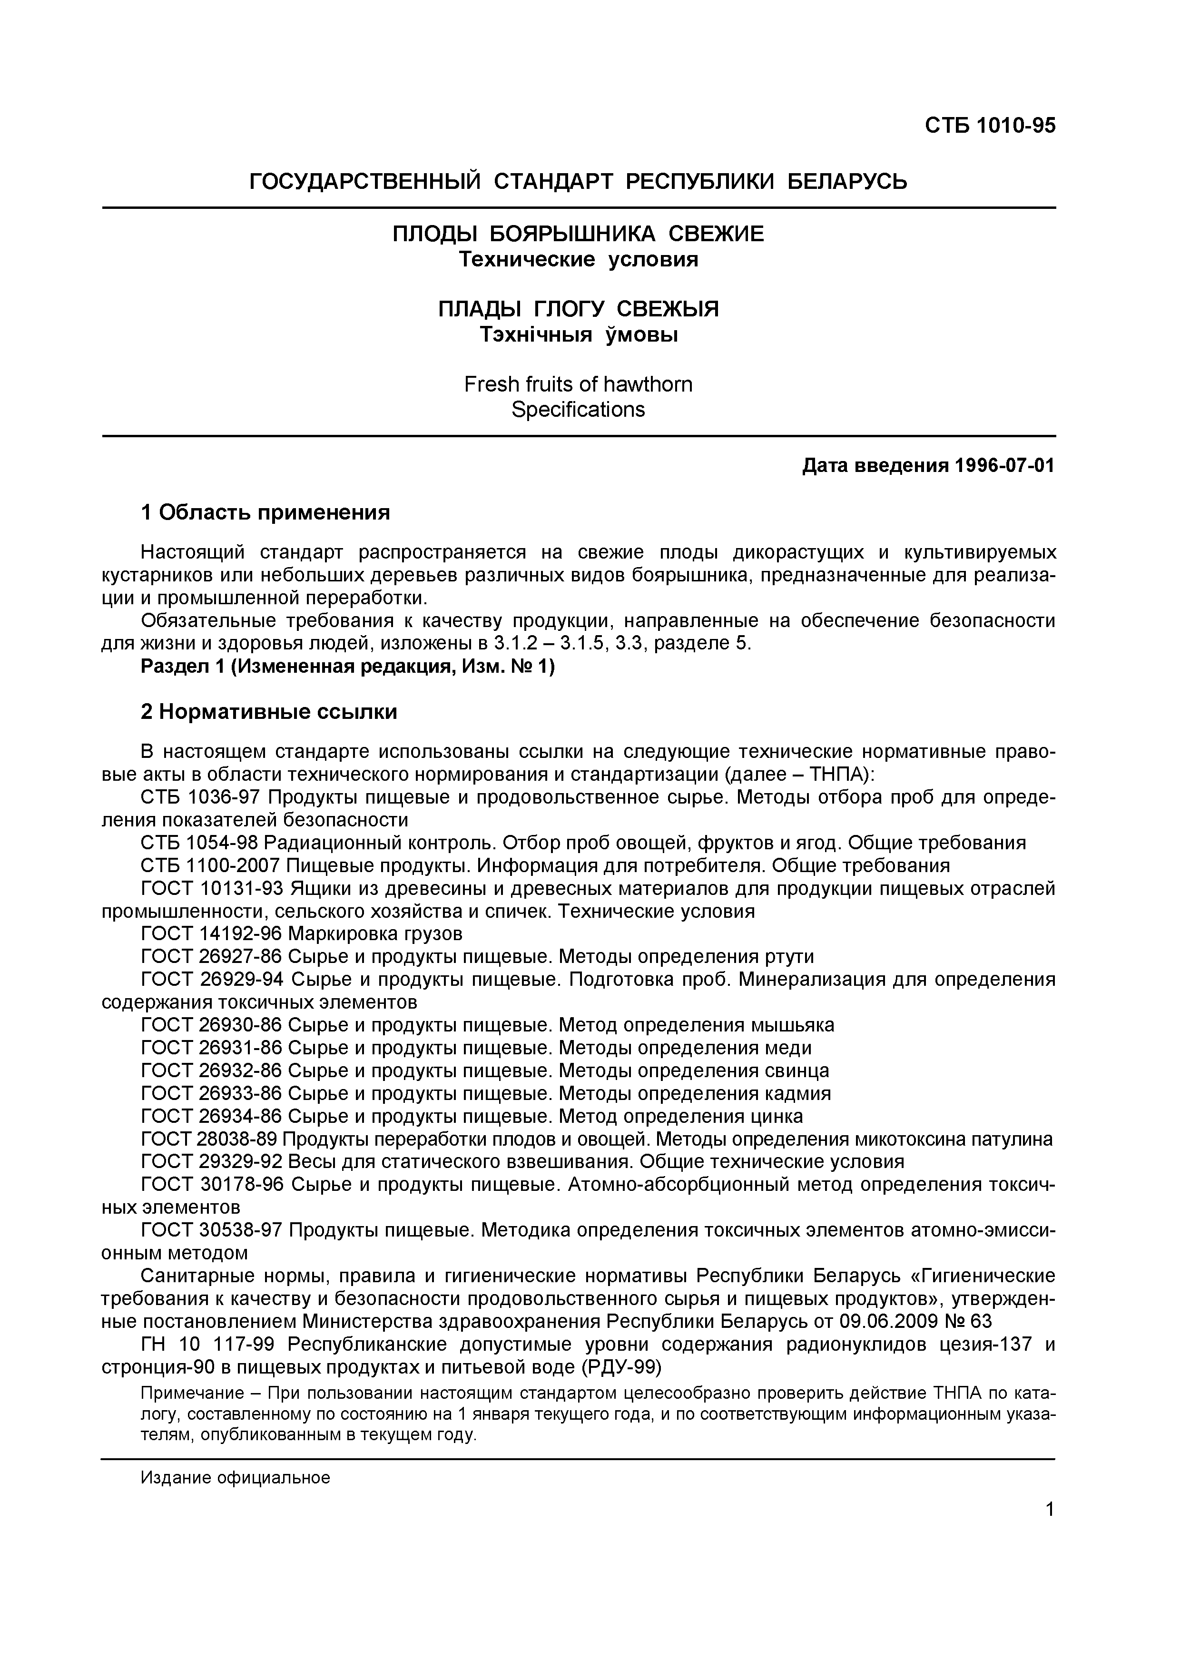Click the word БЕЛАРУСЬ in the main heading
[x=848, y=181]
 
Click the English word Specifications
[x=578, y=410]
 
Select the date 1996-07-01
[x=1002, y=465]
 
